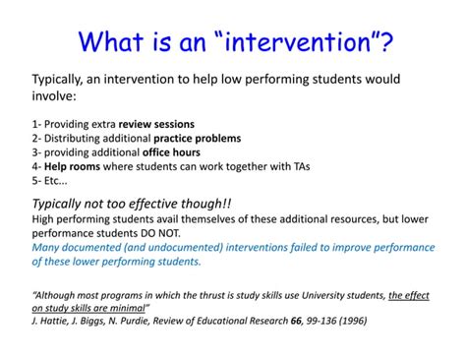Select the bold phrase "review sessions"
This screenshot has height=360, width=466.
point(152,124)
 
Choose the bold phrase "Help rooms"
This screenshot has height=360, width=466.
point(68,167)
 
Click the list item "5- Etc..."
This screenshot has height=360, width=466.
point(49,181)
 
